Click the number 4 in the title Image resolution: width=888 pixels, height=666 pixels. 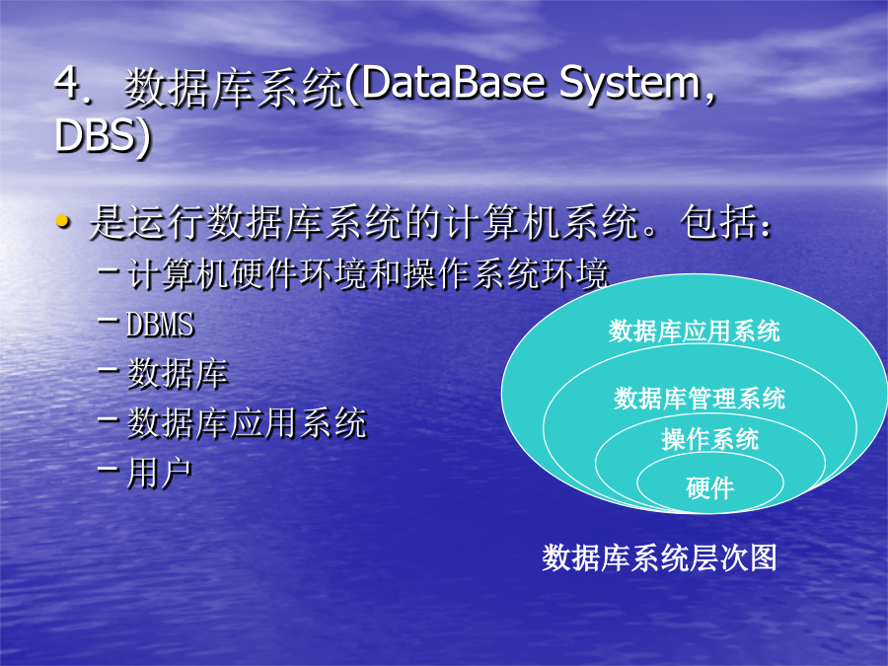coord(67,83)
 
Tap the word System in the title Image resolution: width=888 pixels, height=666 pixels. coord(630,86)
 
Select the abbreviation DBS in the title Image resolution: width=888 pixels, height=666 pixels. coord(94,135)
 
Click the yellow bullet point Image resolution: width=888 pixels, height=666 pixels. coord(63,221)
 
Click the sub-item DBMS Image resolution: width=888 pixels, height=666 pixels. coord(160,325)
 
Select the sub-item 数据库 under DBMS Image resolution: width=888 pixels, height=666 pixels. coord(178,374)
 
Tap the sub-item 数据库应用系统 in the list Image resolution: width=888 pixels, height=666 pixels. coord(247,423)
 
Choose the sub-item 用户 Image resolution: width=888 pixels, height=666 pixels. coord(160,473)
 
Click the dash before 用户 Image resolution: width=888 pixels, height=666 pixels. coord(109,469)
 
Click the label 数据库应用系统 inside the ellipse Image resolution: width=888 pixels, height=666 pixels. coord(694,332)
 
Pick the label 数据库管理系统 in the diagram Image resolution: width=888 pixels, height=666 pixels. coord(700,399)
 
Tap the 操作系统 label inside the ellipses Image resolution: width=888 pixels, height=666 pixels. coord(710,439)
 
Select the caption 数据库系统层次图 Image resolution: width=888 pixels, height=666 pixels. coord(659,557)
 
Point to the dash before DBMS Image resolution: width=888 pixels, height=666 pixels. coord(109,321)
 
